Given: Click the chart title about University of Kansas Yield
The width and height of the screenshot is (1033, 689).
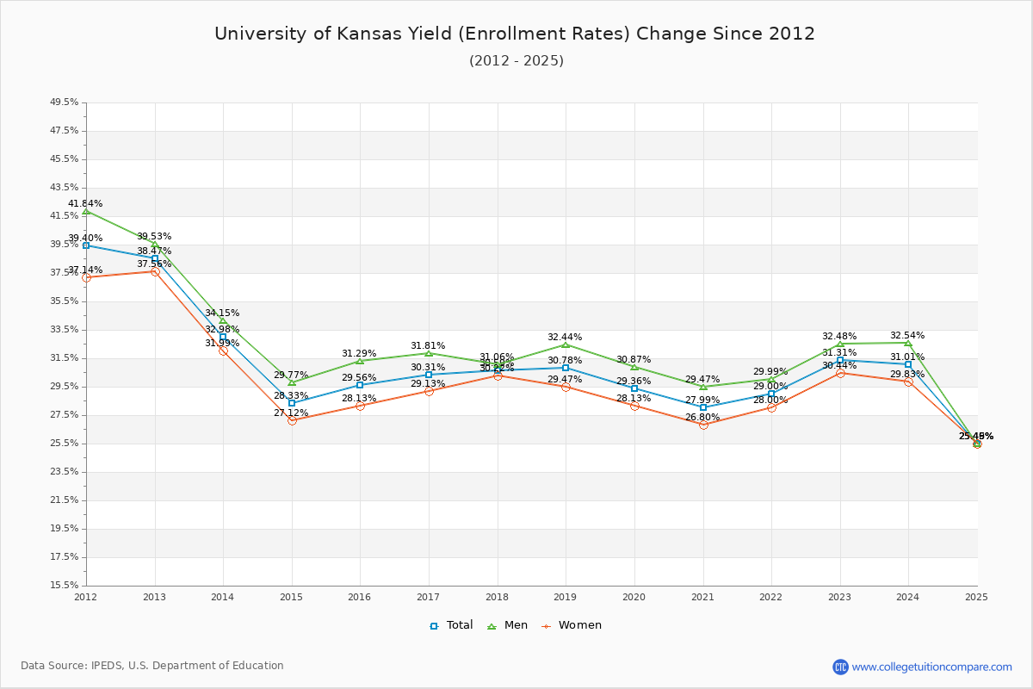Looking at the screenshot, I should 515,34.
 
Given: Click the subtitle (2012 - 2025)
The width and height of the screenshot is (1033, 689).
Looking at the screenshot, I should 516,61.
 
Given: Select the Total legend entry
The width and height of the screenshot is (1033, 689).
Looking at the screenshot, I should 451,625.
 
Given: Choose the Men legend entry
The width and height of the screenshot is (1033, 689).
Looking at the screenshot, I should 507,625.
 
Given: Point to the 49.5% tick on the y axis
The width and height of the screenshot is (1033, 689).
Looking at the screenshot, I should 65,102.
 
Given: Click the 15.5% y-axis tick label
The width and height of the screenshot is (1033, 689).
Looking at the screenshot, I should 65,586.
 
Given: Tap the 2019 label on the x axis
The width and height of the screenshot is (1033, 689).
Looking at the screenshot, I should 566,597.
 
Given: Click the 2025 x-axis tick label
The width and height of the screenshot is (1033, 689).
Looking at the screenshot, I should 976,597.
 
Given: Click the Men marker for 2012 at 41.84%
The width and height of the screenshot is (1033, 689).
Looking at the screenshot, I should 86,211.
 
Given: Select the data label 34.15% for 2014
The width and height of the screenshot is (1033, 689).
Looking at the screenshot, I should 222,313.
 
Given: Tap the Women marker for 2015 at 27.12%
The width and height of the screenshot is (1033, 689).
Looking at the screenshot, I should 292,420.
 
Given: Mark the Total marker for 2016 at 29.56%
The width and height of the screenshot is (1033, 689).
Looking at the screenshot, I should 360,385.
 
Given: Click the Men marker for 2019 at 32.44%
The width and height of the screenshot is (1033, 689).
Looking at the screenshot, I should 566,344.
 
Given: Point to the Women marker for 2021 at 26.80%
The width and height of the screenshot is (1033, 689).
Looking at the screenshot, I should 703,425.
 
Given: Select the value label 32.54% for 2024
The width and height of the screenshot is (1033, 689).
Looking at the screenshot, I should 907,336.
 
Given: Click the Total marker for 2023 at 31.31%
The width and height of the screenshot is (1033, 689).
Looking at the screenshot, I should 840,360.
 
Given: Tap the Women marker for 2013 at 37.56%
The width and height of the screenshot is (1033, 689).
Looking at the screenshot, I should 155,271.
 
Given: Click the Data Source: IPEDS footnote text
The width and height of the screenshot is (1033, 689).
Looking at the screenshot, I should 152,666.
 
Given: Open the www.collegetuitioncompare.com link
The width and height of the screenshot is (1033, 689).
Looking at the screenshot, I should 931,667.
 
